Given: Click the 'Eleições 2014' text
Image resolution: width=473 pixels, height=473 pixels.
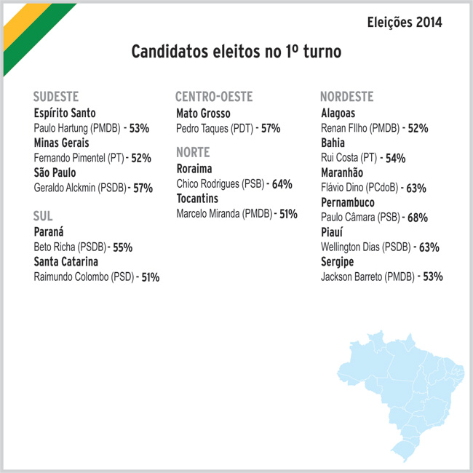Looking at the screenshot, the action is coord(405,23).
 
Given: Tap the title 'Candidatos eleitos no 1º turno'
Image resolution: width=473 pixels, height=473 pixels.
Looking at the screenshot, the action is coord(236,51).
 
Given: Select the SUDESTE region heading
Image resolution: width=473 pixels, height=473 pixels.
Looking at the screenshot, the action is coord(56,97).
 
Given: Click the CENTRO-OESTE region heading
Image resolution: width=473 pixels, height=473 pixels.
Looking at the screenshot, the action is coord(214,97).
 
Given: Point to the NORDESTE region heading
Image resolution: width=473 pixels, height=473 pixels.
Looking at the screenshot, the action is coord(347,97).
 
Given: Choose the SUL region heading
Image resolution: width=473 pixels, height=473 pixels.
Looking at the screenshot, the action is coord(43,216).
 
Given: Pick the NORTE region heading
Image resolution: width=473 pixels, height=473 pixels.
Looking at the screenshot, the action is coord(193,152).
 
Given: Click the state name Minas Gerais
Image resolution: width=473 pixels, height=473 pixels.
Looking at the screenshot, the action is coord(62,143).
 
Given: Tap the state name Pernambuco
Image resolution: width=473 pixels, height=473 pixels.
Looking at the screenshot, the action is coord(348,202).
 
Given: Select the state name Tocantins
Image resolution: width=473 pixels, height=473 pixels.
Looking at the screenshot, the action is coord(197,199).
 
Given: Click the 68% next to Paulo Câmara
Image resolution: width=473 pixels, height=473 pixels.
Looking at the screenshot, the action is coord(418,218).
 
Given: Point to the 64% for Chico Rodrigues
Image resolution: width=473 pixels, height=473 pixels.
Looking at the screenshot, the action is coord(282,184).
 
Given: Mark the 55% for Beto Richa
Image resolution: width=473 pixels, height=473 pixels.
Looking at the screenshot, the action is coord(123,247).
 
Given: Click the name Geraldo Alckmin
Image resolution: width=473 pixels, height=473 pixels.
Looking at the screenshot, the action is coord(65,188).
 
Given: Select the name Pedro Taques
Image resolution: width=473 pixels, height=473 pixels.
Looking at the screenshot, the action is coord(202,129).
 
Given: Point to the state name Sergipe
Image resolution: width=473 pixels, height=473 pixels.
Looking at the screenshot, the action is coord(337,262).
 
